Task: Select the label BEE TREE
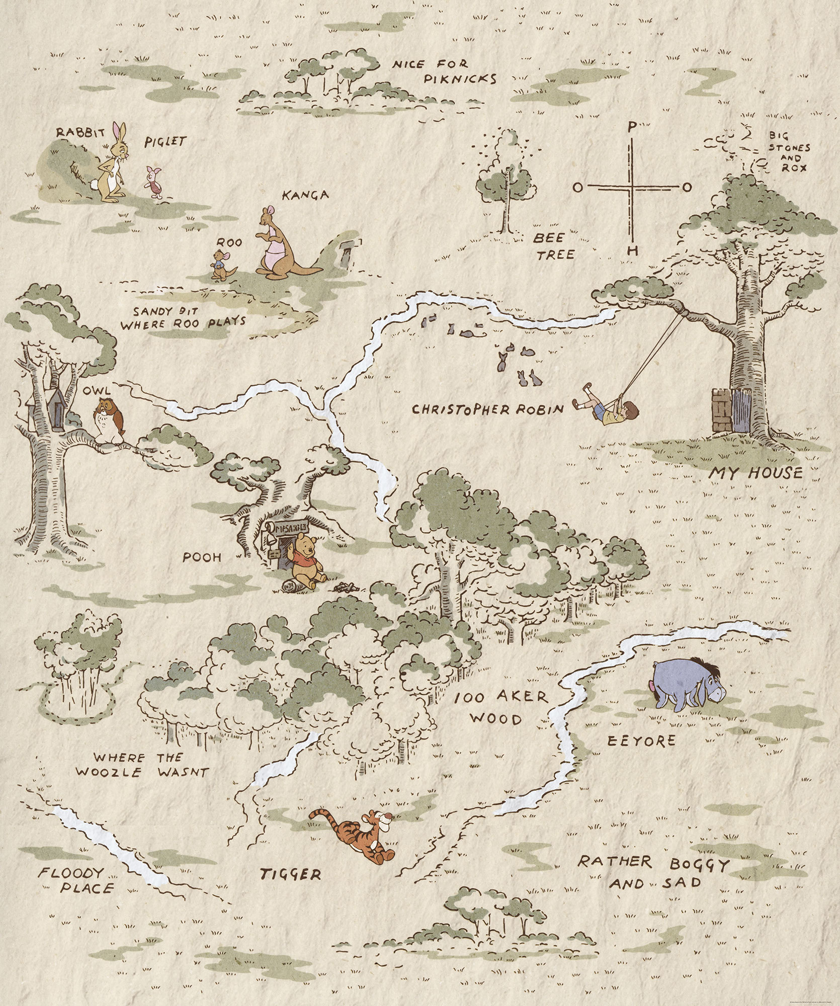[x=554, y=246]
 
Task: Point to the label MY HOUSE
[x=755, y=473]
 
